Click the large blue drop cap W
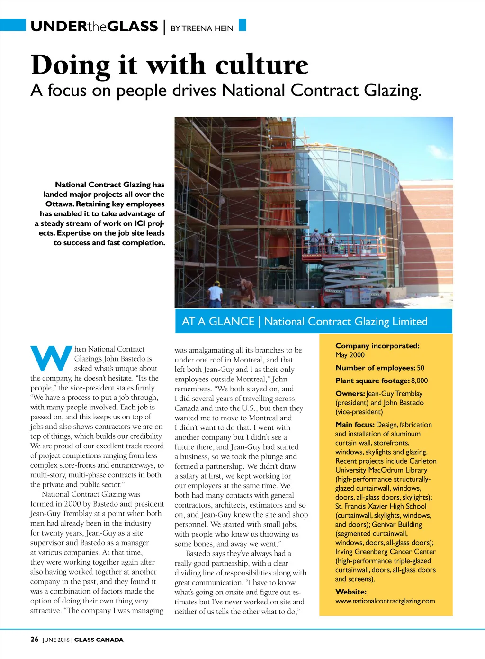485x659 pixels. tap(51, 359)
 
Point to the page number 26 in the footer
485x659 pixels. tap(35, 640)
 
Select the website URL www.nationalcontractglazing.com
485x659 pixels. tap(385, 601)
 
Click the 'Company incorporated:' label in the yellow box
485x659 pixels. tap(377, 346)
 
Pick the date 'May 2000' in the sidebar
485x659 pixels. tap(350, 355)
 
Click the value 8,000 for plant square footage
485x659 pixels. tap(419, 381)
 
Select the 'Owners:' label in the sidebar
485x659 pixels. tap(350, 393)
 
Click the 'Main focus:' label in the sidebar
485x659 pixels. tap(355, 425)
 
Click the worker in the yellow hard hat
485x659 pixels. tap(216, 294)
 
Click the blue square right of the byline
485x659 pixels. tap(242, 25)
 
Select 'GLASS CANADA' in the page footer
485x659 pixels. tap(99, 640)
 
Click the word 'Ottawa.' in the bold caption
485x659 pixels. tap(60, 204)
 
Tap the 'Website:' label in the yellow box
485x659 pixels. tap(351, 592)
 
